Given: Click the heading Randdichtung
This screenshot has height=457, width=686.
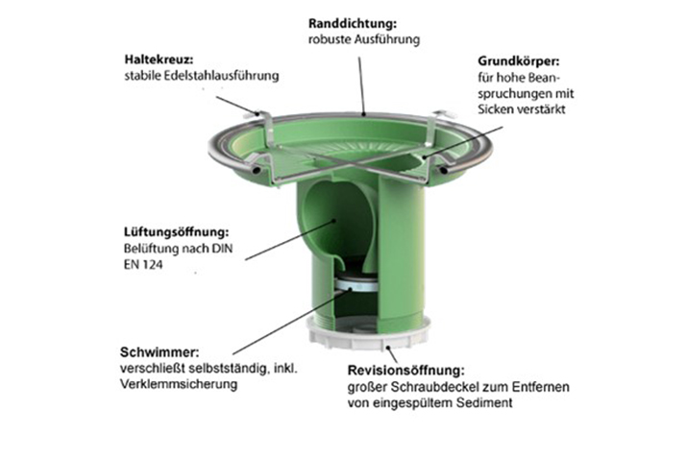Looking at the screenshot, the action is click(x=353, y=23).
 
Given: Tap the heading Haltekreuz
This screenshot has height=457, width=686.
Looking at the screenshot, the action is click(x=159, y=59).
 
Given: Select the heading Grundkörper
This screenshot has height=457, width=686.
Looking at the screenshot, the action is click(x=519, y=60).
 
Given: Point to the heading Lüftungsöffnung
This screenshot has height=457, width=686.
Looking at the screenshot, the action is click(x=177, y=231).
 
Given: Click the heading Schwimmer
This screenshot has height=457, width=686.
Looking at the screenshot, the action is click(x=159, y=352).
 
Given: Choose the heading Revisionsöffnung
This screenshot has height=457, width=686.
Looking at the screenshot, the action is click(x=405, y=371).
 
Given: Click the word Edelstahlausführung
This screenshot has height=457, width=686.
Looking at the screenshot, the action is click(x=222, y=76).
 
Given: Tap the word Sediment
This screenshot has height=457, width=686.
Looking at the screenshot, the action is click(x=484, y=402).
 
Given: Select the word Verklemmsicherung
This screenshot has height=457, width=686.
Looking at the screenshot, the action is click(x=179, y=385).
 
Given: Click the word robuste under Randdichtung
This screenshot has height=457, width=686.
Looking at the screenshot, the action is click(x=330, y=39).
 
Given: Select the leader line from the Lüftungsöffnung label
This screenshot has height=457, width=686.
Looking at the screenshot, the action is click(x=290, y=240).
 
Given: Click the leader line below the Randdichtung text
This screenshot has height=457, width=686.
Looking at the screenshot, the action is click(x=361, y=85).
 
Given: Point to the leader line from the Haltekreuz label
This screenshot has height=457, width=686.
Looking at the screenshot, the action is click(x=239, y=105).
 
